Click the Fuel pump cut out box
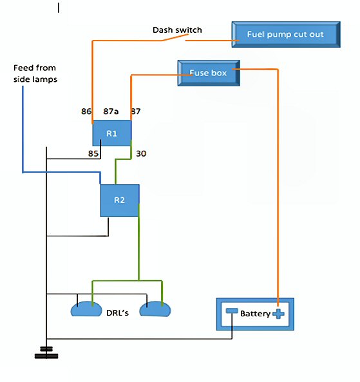(286, 34)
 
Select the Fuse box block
(209, 73)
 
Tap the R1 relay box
(112, 133)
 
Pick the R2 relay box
(120, 200)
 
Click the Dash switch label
(177, 30)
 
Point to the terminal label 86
(86, 111)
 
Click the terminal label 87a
(111, 111)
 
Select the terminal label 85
(93, 153)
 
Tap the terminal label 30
(141, 153)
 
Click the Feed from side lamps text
(35, 73)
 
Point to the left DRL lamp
(86, 309)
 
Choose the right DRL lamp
(155, 309)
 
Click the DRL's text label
(117, 312)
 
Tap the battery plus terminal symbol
(278, 314)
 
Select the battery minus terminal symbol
(232, 311)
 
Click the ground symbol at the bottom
(46, 352)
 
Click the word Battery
(255, 314)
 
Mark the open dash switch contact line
(175, 37)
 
